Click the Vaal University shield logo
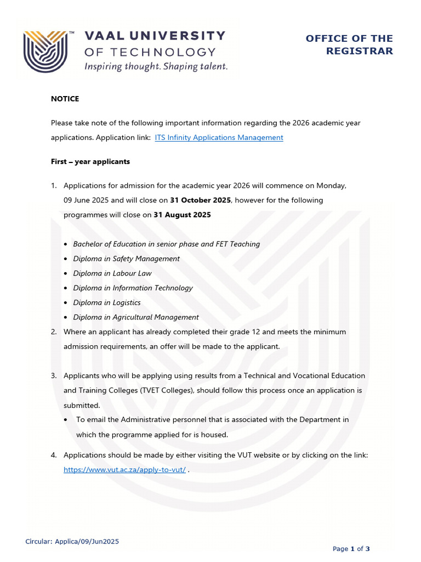(45, 51)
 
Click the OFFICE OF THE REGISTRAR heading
(349, 44)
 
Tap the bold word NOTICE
(65, 99)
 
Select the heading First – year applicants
(90, 162)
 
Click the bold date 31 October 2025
(201, 200)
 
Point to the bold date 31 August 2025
(182, 215)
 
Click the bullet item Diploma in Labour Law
(112, 273)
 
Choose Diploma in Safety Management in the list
(126, 258)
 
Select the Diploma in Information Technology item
(133, 288)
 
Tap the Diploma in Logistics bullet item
(107, 303)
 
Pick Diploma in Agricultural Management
(136, 317)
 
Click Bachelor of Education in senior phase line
(167, 244)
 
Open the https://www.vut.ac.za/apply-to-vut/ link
(124, 470)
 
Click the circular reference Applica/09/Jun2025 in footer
(72, 542)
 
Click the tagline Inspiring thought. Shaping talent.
(155, 66)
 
